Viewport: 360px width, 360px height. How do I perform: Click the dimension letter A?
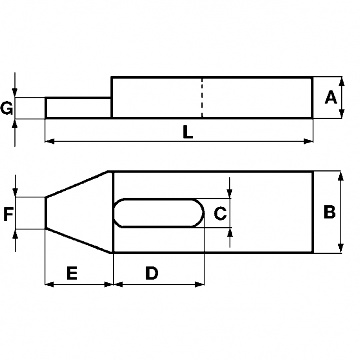click(x=331, y=98)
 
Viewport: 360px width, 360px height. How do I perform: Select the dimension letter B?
click(x=329, y=212)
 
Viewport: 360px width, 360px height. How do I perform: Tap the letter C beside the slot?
click(x=220, y=213)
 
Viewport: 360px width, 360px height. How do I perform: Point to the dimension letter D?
click(x=152, y=273)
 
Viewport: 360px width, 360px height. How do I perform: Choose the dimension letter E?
click(x=71, y=273)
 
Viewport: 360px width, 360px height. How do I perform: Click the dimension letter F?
click(x=8, y=213)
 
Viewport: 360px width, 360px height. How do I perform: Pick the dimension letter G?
click(x=7, y=108)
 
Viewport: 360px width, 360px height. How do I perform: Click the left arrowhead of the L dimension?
click(x=49, y=141)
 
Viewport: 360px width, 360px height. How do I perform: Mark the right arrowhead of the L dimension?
click(x=309, y=141)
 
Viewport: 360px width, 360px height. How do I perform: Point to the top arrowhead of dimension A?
click(x=342, y=81)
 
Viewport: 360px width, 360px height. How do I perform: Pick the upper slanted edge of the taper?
click(x=79, y=184)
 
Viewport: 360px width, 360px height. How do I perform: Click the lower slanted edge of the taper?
click(x=79, y=240)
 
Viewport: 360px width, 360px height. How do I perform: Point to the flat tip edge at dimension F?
click(x=45, y=213)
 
